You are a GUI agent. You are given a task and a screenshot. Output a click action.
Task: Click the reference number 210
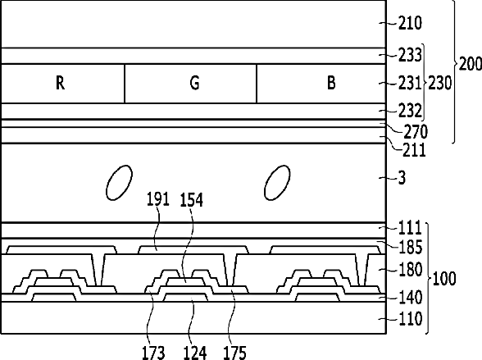[410, 23]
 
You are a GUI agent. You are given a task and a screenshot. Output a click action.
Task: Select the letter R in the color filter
[61, 83]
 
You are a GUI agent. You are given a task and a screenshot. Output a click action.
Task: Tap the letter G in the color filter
[194, 83]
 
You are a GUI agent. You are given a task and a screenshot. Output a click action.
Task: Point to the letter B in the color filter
[331, 83]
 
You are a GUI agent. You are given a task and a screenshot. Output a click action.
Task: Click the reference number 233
[410, 55]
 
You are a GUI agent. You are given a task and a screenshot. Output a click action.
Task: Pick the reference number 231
[410, 83]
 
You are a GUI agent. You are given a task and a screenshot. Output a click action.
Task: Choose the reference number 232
[410, 111]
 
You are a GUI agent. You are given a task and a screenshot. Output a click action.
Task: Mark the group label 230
[440, 83]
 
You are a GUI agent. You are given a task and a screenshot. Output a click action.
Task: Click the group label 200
[470, 64]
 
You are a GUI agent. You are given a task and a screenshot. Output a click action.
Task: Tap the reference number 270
[416, 131]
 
